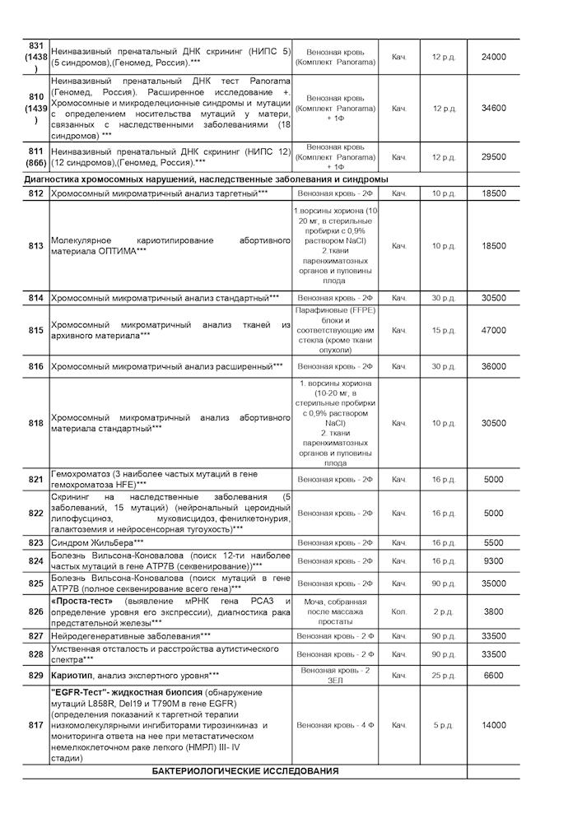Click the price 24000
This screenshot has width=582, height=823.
pos(494,56)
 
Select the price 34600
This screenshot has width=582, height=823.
pos(494,109)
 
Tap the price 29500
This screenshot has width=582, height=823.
pos(494,157)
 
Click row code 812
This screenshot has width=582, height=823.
pos(35,193)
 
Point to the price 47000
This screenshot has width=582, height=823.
pos(494,330)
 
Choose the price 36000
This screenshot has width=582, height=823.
pos(494,366)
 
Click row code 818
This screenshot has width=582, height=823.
pos(35,423)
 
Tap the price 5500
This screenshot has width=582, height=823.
pos(494,543)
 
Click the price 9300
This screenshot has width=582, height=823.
pos(494,561)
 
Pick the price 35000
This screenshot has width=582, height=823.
pos(494,584)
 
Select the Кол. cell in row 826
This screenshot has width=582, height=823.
pos(399,612)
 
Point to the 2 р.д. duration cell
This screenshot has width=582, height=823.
pos(443,612)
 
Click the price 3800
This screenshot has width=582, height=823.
pos(494,612)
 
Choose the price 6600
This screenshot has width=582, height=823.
pos(494,676)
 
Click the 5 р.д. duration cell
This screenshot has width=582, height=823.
pos(443,725)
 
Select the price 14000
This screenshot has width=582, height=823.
pos(494,725)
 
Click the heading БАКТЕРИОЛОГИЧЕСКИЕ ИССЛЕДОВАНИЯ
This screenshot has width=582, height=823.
pos(245,771)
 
